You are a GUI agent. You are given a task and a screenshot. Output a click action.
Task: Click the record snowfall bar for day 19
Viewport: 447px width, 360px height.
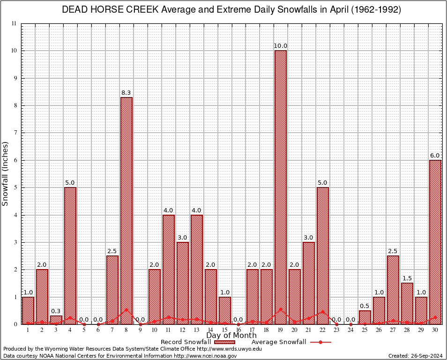click(281, 187)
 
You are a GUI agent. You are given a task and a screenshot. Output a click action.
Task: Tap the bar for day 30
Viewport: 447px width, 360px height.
click(435, 242)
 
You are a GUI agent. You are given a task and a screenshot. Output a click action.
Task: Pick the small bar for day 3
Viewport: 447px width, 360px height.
click(56, 320)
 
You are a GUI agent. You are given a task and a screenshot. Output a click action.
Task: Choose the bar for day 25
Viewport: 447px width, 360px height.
click(365, 317)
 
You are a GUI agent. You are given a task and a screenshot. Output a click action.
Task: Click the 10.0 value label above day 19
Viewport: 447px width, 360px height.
click(281, 46)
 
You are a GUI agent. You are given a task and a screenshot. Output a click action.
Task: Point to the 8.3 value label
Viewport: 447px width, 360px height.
click(127, 93)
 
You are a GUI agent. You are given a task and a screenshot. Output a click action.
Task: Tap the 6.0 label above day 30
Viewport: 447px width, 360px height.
click(435, 156)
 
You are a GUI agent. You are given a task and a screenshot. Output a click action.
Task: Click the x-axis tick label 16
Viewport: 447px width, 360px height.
click(238, 330)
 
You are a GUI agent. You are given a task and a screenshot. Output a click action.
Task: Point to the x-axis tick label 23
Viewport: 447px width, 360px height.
click(337, 330)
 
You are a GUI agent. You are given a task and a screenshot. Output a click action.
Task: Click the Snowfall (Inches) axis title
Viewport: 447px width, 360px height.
click(6, 173)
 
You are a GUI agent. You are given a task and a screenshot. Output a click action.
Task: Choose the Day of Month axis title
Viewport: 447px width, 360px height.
click(231, 336)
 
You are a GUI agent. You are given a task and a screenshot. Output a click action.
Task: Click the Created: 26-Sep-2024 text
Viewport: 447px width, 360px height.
click(416, 356)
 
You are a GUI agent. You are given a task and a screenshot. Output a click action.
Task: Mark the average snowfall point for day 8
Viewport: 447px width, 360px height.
click(127, 309)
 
